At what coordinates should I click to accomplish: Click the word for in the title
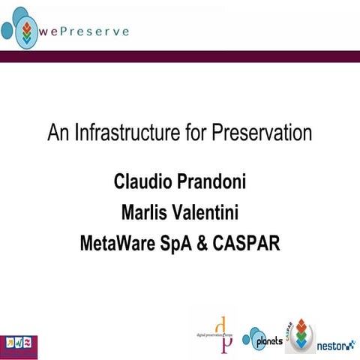coord(193,134)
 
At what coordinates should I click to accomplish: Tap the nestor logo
coord(335,346)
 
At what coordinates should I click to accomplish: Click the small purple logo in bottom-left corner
coord(18,346)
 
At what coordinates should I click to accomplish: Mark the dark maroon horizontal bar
coord(180,57)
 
